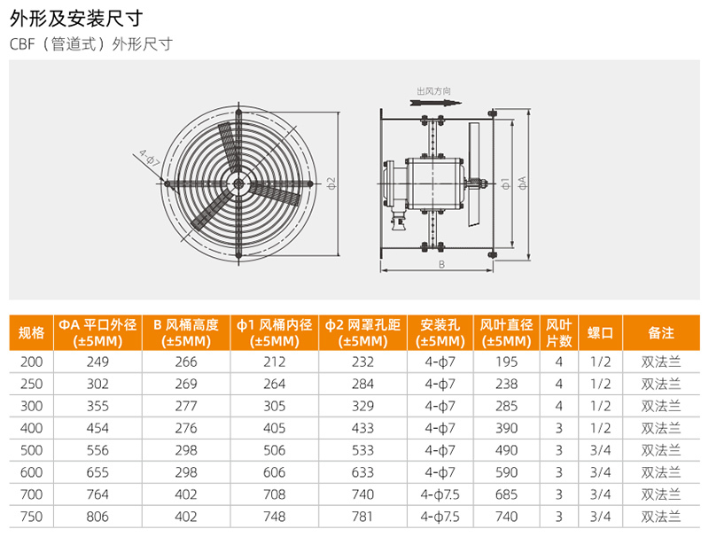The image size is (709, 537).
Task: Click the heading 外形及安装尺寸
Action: coord(76,19)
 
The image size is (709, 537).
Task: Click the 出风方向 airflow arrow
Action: coord(435,103)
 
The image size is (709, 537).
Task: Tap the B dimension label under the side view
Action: coord(441,264)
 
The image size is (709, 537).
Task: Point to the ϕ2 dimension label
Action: coord(331,183)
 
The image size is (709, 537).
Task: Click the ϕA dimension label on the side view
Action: coord(523,183)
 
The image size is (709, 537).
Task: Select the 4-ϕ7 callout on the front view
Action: coord(150,159)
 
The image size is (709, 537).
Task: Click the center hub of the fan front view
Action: coord(238,183)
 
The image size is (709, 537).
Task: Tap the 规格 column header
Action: coord(31,332)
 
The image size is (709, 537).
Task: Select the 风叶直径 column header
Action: coord(506,324)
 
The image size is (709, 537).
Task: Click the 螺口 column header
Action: coord(600,332)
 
